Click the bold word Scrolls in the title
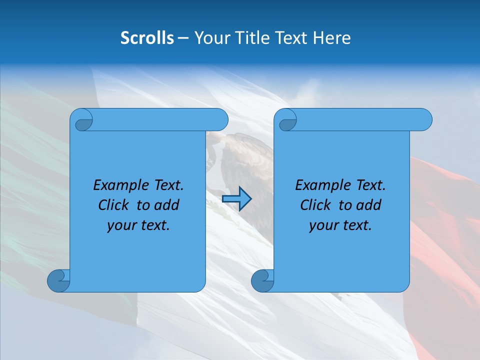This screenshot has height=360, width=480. pyautogui.click(x=147, y=38)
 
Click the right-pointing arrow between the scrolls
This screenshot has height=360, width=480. pyautogui.click(x=236, y=198)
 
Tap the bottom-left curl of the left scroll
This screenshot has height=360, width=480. pyautogui.click(x=58, y=280)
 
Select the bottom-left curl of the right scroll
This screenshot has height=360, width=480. pyautogui.click(x=262, y=280)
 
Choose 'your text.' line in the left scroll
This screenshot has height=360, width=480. pyautogui.click(x=138, y=225)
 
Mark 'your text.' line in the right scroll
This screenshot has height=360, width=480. pyautogui.click(x=340, y=225)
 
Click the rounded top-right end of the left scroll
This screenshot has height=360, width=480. pyautogui.click(x=220, y=120)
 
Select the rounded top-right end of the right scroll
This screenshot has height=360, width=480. pyautogui.click(x=424, y=120)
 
